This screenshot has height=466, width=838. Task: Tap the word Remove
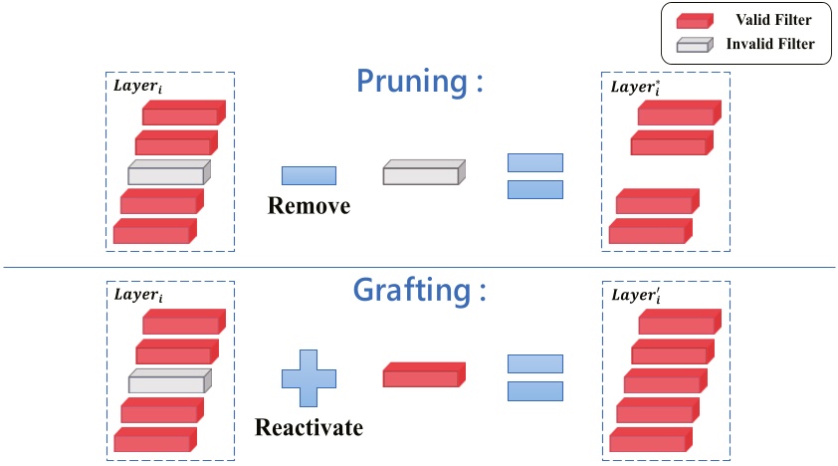309,206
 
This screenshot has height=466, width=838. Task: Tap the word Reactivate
309,428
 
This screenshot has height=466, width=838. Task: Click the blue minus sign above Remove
309,175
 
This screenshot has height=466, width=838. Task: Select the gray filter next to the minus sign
424,174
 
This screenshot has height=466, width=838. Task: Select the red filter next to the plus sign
424,375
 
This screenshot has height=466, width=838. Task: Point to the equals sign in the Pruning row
535,175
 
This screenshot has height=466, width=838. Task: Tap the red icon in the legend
694,21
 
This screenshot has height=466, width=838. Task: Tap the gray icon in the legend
694,44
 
